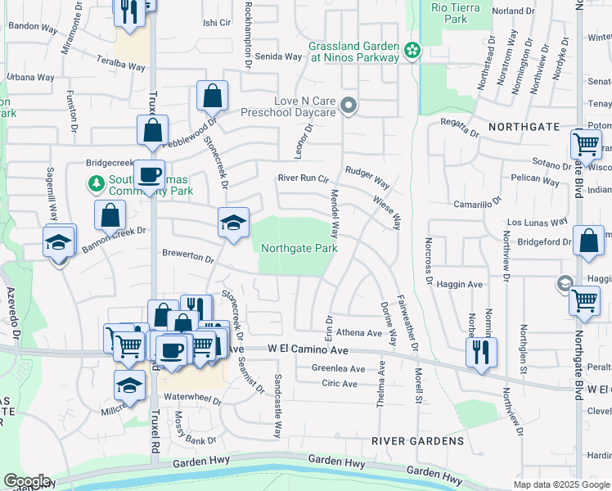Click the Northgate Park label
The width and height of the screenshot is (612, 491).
click(299, 248)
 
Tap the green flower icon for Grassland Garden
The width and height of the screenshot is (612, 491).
click(413, 51)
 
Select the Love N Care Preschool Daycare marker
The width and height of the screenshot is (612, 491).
click(349, 106)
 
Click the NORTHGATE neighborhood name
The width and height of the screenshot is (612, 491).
click(524, 127)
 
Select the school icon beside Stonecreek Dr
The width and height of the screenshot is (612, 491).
click(233, 222)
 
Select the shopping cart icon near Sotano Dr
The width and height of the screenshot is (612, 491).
click(587, 145)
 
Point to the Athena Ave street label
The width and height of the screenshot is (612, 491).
click(359, 333)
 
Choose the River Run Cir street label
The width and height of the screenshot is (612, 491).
click(303, 178)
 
